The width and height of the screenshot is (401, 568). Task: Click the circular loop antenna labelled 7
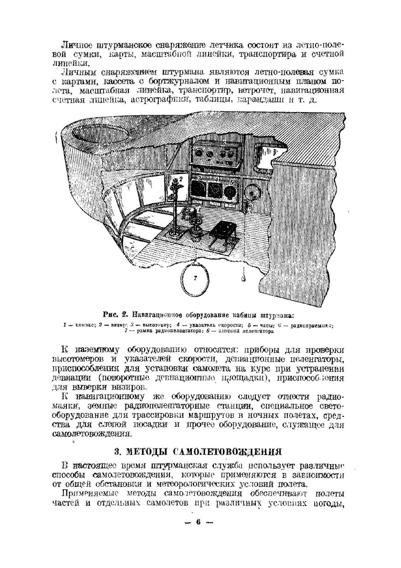click(195, 278)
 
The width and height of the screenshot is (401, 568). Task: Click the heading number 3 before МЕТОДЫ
click(117, 451)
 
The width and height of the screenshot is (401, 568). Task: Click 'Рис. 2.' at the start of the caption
click(115, 315)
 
